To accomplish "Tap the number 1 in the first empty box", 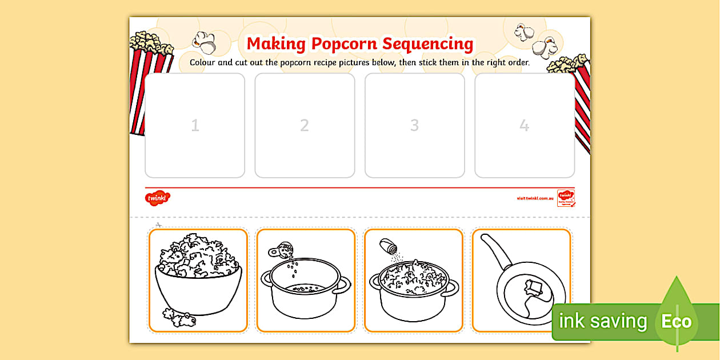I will point(195,126).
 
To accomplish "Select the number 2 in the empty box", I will point(305,126).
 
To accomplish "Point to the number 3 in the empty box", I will point(415,126).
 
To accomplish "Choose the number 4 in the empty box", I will point(525,126).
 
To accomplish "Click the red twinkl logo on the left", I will point(157,198).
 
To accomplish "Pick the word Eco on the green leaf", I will point(677,322).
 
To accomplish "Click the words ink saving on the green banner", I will point(603,322).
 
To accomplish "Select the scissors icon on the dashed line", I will point(159,225).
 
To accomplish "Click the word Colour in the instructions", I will point(203,62).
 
